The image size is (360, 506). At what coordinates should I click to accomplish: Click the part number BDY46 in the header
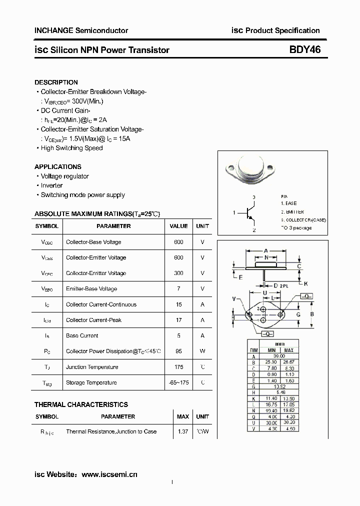pyautogui.click(x=304, y=50)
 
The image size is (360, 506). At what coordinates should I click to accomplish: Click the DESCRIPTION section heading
pyautogui.click(x=56, y=82)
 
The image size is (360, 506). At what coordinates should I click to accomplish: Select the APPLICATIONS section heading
pyautogui.click(x=58, y=167)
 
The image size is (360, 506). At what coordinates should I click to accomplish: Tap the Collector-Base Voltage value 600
pyautogui.click(x=178, y=242)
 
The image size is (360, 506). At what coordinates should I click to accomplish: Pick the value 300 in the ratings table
pyautogui.click(x=178, y=273)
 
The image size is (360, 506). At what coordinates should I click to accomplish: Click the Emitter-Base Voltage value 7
pyautogui.click(x=178, y=289)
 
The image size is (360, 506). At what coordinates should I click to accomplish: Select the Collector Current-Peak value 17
pyautogui.click(x=178, y=320)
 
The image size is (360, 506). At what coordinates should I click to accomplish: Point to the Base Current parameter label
pyautogui.click(x=82, y=336)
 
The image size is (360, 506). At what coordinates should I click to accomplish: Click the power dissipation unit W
pyautogui.click(x=202, y=351)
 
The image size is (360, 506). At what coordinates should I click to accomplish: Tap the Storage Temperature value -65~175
pyautogui.click(x=178, y=383)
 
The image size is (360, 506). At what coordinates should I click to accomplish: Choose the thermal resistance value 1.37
pyautogui.click(x=183, y=431)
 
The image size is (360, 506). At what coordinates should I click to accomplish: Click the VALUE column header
pyautogui.click(x=178, y=226)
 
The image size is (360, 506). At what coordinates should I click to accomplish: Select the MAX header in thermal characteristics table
pyautogui.click(x=183, y=416)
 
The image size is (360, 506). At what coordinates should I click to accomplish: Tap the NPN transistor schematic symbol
pyautogui.click(x=250, y=213)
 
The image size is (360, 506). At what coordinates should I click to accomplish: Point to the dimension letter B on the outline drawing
pyautogui.click(x=311, y=314)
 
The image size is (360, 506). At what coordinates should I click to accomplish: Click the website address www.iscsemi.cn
pyautogui.click(x=109, y=474)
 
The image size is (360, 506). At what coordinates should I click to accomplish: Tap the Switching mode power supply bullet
pyautogui.click(x=82, y=195)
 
